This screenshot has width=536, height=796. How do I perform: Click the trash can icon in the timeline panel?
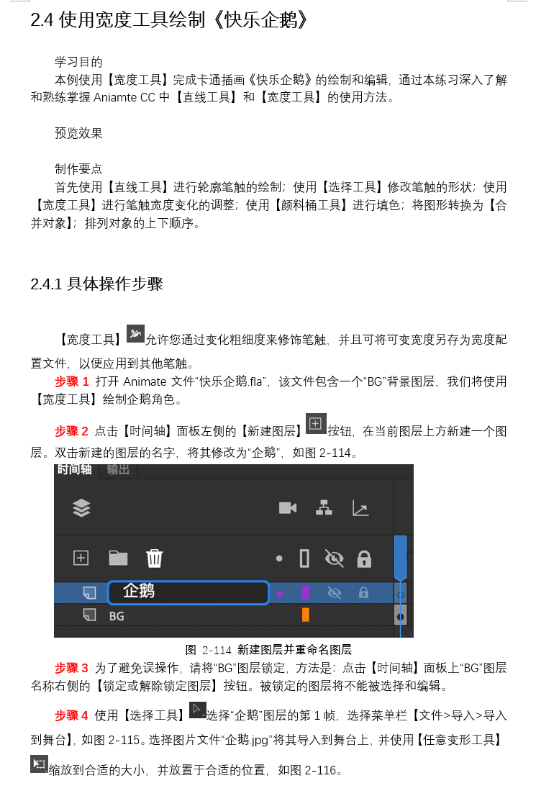click(154, 558)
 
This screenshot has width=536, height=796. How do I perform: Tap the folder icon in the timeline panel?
click(118, 558)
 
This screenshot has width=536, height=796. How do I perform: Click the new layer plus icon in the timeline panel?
click(81, 558)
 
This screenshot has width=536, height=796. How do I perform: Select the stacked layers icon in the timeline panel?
click(82, 507)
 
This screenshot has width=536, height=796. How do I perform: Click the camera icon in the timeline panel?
click(288, 507)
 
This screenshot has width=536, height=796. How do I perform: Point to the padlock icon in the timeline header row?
click(364, 558)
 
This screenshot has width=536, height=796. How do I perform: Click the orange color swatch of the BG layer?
click(306, 615)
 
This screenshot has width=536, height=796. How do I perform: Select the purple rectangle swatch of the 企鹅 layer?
click(306, 592)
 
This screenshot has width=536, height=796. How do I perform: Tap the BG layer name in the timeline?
click(117, 616)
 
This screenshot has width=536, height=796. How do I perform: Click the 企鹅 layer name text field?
click(188, 592)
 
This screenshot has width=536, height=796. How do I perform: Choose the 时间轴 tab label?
click(75, 469)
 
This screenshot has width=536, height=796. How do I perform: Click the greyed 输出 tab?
click(118, 469)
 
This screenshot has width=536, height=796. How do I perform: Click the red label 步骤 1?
click(71, 381)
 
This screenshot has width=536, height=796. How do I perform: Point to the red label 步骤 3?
click(71, 668)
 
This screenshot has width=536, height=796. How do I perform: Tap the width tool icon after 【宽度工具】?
click(135, 333)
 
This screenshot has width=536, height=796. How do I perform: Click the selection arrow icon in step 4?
click(197, 710)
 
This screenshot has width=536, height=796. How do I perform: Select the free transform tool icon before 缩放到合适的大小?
click(39, 764)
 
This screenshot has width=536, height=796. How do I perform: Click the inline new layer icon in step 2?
click(316, 424)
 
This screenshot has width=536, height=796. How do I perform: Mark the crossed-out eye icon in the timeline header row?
click(334, 558)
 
